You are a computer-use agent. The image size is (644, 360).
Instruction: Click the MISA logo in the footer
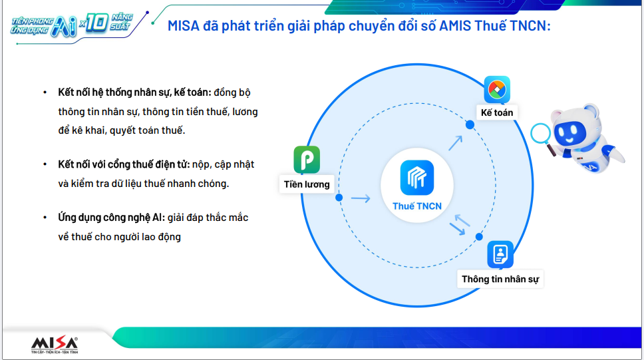[55, 345]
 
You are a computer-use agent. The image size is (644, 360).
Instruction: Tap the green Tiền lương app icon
[307, 160]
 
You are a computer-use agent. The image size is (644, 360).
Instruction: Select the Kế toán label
[497, 112]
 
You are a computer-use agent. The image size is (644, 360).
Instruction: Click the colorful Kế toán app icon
[497, 90]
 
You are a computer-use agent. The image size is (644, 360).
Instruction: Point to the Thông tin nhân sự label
[500, 279]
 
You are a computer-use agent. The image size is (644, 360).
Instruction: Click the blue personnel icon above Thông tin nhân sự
[500, 254]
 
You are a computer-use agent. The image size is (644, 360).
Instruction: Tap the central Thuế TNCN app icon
[417, 178]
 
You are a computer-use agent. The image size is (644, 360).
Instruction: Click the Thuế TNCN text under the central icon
[417, 206]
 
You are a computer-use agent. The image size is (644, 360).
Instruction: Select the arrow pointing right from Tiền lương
[361, 199]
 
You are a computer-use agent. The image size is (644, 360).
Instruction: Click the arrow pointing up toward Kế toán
[456, 144]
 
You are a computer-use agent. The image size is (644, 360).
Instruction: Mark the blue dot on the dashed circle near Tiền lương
[339, 198]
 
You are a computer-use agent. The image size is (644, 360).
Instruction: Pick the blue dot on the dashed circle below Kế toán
[470, 124]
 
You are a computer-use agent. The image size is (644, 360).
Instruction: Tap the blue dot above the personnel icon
[479, 237]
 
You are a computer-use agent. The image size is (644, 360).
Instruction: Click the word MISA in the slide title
[184, 26]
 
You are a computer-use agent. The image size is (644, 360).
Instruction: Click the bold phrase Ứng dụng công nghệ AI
[111, 218]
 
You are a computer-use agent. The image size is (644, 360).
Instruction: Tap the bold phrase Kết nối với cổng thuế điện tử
[124, 164]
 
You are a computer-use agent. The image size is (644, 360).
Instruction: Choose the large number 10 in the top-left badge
[97, 23]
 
